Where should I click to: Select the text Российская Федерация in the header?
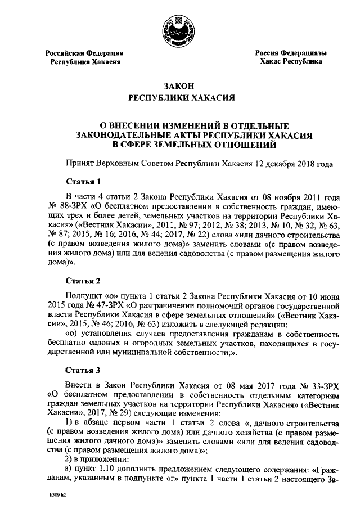pos(84,53)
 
